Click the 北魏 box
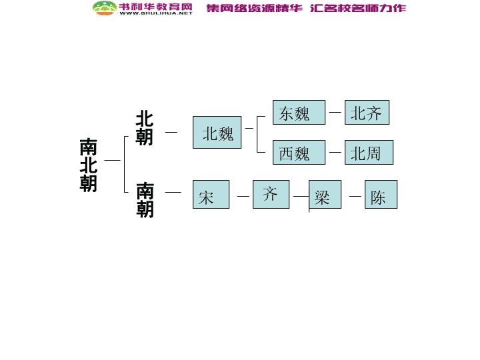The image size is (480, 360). pyautogui.click(x=217, y=132)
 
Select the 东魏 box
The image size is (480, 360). pyautogui.click(x=299, y=113)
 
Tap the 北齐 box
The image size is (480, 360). pyautogui.click(x=367, y=113)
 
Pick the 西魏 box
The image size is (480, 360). pyautogui.click(x=299, y=153)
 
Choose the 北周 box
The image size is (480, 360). pyautogui.click(x=369, y=153)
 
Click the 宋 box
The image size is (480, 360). pyautogui.click(x=211, y=195)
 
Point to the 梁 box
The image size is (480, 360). pyautogui.click(x=325, y=195)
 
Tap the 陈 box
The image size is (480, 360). pyautogui.click(x=381, y=195)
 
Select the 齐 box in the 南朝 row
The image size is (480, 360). pyautogui.click(x=271, y=195)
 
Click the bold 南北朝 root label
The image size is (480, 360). pyautogui.click(x=89, y=165)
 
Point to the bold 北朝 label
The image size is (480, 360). pyautogui.click(x=145, y=127)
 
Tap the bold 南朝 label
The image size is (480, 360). pyautogui.click(x=145, y=200)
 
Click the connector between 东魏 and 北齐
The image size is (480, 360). pyautogui.click(x=335, y=113)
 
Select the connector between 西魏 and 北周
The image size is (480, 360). pyautogui.click(x=335, y=152)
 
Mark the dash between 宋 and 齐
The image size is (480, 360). pyautogui.click(x=243, y=196)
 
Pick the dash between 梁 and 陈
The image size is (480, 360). pyautogui.click(x=355, y=196)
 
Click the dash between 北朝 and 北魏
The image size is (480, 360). pyautogui.click(x=171, y=132)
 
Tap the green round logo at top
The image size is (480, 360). pyautogui.click(x=105, y=8)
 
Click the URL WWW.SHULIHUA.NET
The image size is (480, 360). pyautogui.click(x=156, y=13)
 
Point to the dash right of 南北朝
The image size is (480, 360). pyautogui.click(x=113, y=160)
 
